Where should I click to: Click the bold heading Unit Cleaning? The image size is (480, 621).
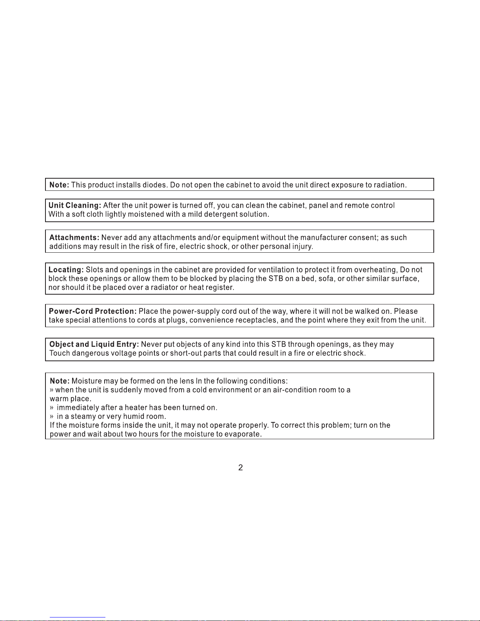pos(74,205)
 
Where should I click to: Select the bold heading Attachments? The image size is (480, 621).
pos(74,237)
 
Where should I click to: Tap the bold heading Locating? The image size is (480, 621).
pos(66,270)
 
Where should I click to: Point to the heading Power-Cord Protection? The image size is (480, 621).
pos(92,311)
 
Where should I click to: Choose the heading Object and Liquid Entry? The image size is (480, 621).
pos(94,344)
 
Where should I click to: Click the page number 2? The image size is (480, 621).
pos(241,467)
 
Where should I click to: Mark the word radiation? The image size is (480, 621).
pos(390,185)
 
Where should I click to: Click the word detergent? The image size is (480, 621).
pos(221,214)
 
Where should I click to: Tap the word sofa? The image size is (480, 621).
pos(325,279)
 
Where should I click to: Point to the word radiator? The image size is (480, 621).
pos(164,288)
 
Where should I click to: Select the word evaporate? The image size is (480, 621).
pos(243,434)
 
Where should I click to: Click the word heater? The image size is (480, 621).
pos(136,407)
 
